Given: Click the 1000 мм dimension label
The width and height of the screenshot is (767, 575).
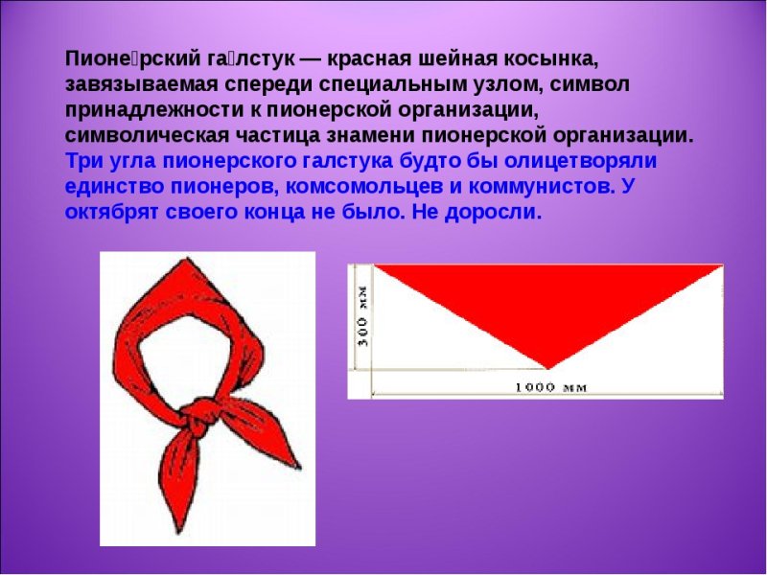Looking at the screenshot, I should [x=549, y=387].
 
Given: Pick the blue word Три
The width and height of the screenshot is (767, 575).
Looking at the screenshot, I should [x=83, y=160].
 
